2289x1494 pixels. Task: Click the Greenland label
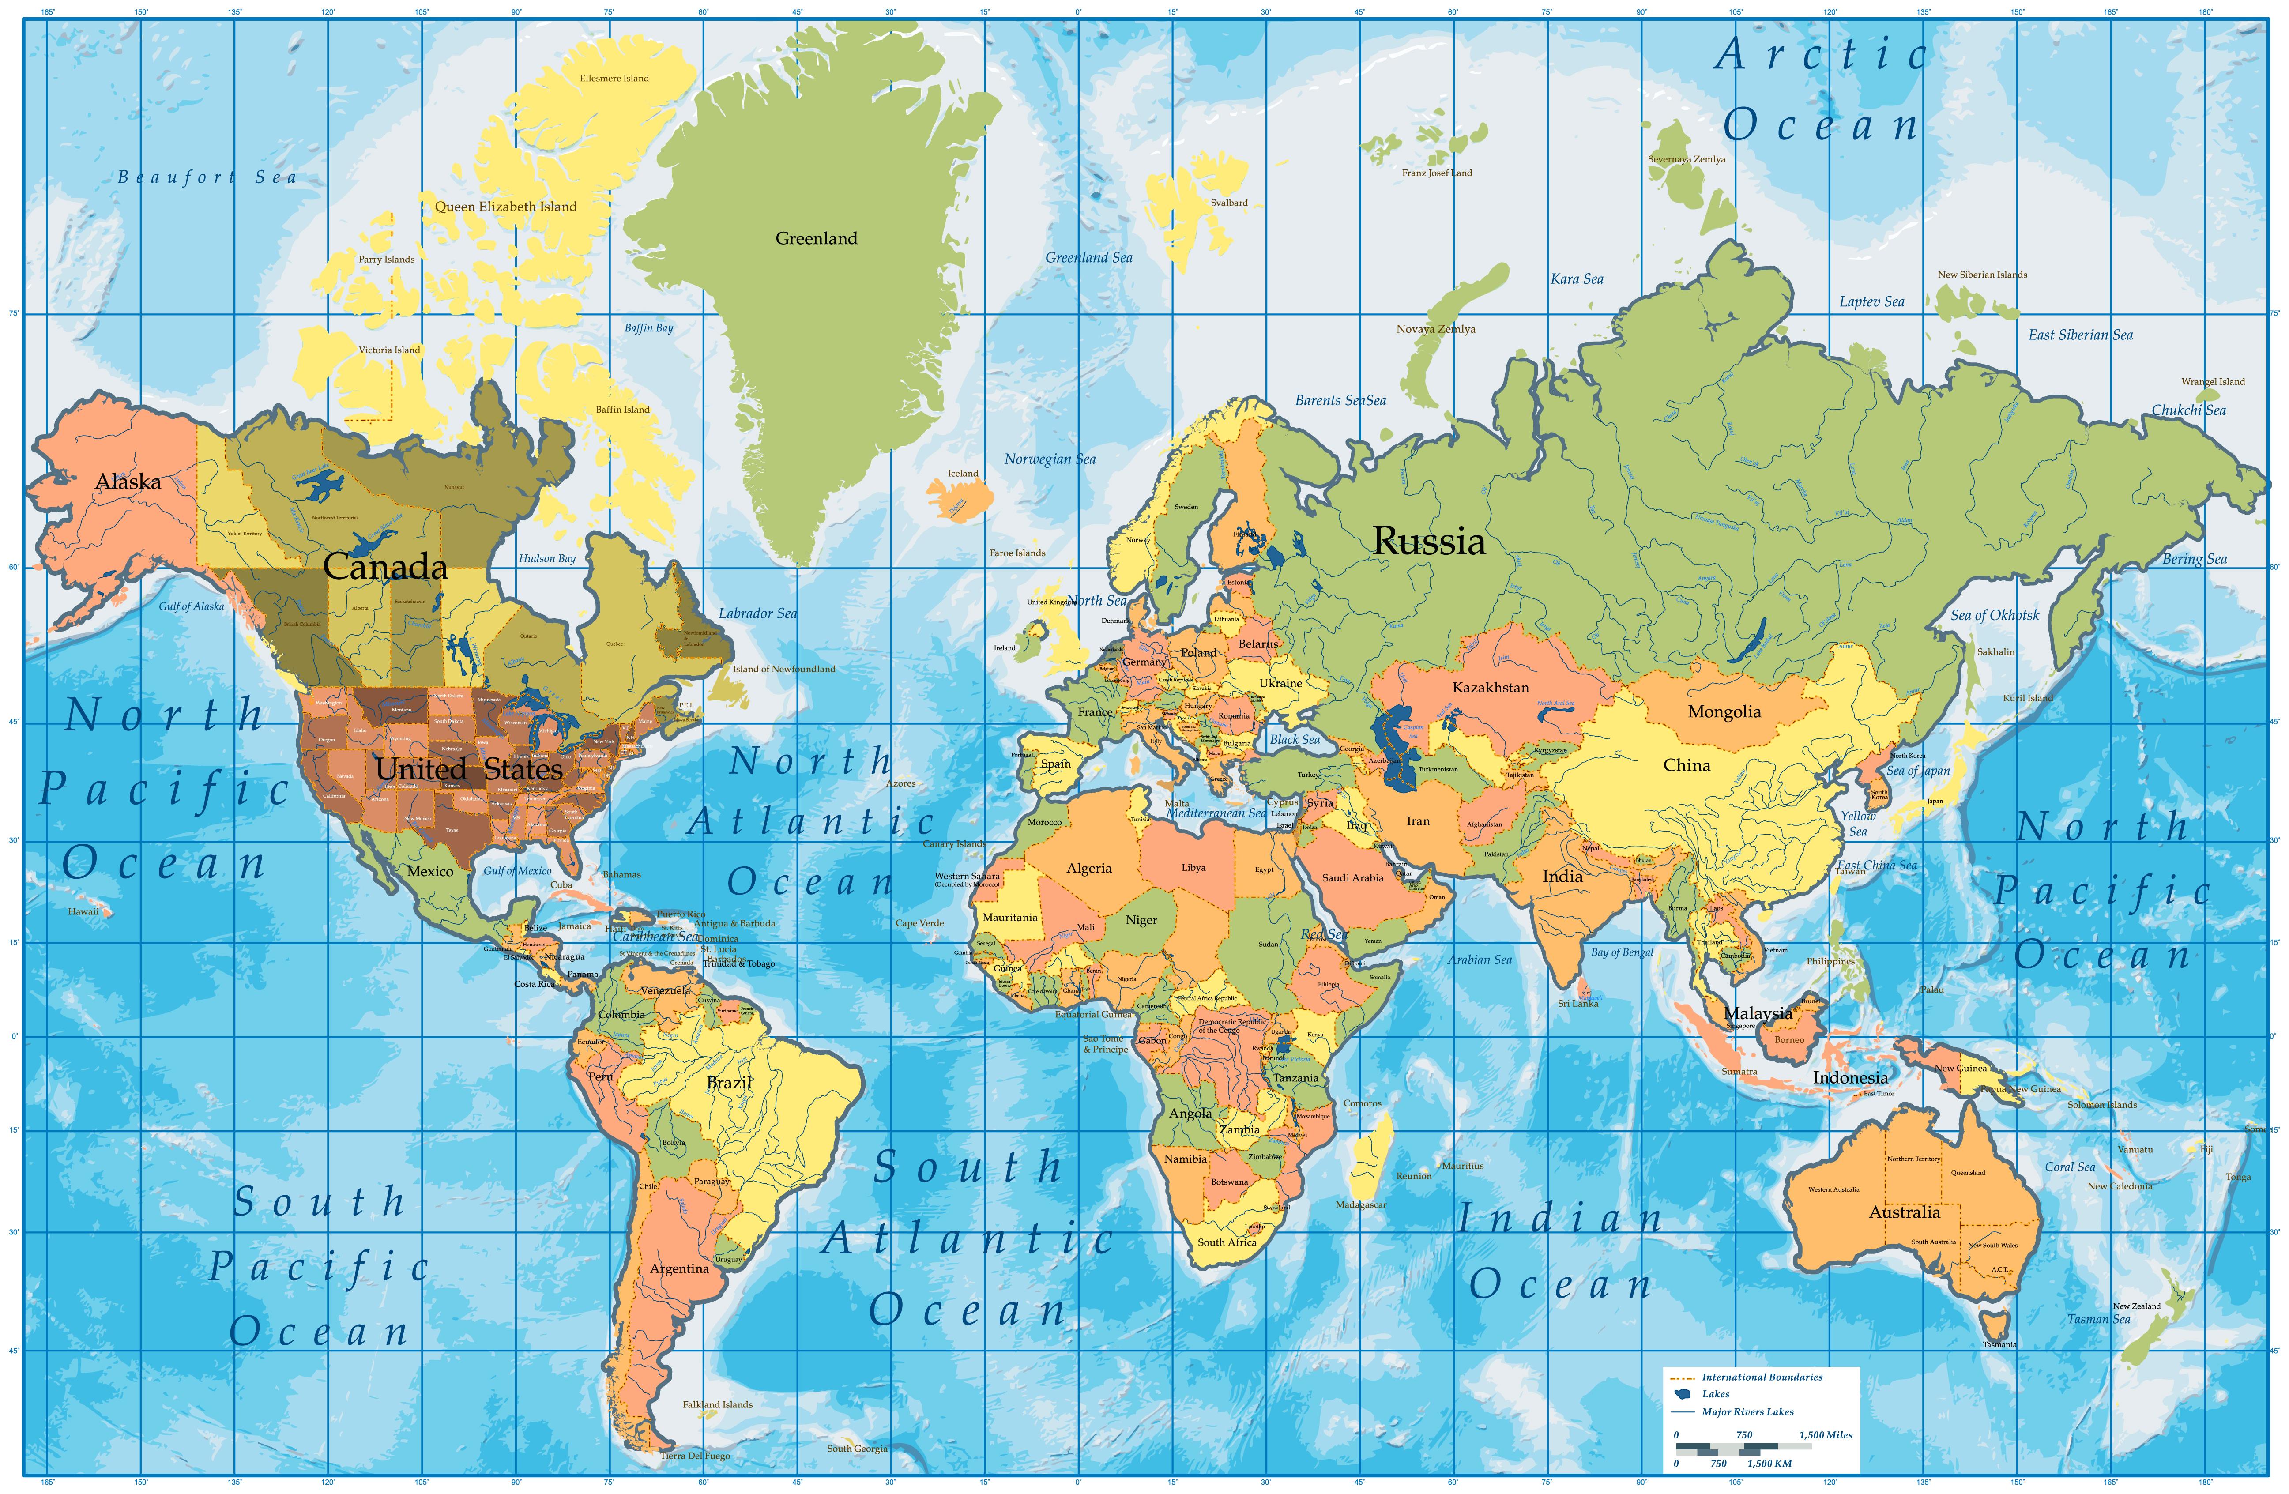[x=816, y=239]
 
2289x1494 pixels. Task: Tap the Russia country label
[x=1428, y=542]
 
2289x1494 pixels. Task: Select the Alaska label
[x=128, y=482]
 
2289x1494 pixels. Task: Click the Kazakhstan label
[x=1490, y=688]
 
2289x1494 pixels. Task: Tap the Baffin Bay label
[x=648, y=328]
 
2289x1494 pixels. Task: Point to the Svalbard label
[x=1228, y=203]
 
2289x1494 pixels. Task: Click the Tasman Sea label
[x=2099, y=1319]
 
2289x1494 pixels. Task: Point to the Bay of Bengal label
[x=1622, y=952]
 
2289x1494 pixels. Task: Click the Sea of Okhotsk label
[x=1994, y=616]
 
